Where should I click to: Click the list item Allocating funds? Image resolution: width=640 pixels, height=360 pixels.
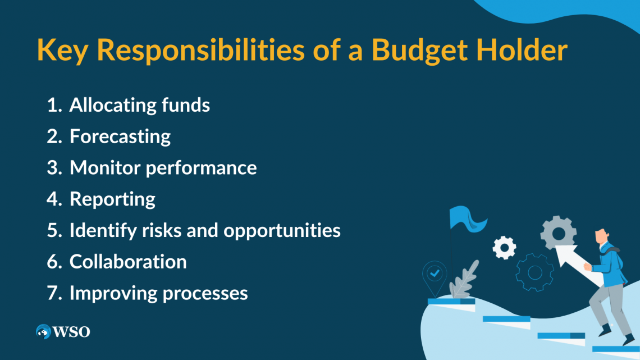[x=140, y=105]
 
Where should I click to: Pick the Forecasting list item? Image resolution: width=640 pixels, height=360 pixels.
[x=120, y=136]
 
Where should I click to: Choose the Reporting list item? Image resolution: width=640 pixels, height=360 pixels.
[x=112, y=199]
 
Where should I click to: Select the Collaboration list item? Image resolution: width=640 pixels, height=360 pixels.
[x=128, y=262]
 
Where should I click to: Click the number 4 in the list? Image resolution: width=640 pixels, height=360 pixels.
[x=53, y=199]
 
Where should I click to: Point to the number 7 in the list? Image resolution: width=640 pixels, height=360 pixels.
[x=53, y=293]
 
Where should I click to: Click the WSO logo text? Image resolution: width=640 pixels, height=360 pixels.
[x=72, y=332]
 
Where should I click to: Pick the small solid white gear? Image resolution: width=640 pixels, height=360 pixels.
[x=504, y=247]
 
